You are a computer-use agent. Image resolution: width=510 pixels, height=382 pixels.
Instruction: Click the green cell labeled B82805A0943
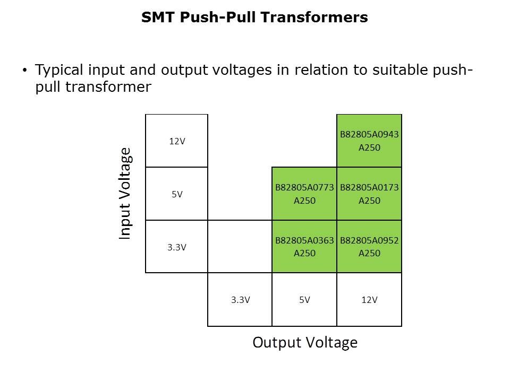coord(369,141)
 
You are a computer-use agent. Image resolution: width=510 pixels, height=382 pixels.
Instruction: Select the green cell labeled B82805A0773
coord(304,194)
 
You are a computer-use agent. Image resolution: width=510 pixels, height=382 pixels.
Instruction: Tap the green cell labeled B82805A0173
coord(369,194)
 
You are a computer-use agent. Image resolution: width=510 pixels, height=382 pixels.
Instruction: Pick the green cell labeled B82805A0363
coord(304,247)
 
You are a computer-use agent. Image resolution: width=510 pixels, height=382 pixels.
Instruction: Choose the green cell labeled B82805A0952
coord(369,247)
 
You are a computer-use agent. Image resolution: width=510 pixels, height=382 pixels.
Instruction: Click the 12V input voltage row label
coord(177,141)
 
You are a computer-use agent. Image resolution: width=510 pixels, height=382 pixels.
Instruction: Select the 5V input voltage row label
coord(177,194)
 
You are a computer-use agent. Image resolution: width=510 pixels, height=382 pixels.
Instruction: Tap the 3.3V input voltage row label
coord(177,247)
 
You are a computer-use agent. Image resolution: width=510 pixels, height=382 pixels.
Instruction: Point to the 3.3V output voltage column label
coord(240,300)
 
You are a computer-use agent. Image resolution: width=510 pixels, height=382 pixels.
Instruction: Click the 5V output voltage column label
coord(304,300)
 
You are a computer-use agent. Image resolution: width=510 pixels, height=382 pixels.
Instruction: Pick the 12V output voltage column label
coord(369,300)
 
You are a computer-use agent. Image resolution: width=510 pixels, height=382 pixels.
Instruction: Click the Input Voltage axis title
coord(125,194)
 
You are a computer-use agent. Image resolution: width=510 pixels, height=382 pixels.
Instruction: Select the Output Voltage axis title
coord(305,343)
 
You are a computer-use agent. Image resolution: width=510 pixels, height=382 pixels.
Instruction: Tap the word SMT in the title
coord(155,18)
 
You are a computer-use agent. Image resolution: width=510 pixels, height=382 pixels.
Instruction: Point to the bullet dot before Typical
coord(24,71)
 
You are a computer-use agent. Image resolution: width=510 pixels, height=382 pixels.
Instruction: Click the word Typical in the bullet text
coord(57,71)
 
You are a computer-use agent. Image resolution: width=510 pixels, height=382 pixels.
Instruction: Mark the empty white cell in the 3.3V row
coord(240,247)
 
